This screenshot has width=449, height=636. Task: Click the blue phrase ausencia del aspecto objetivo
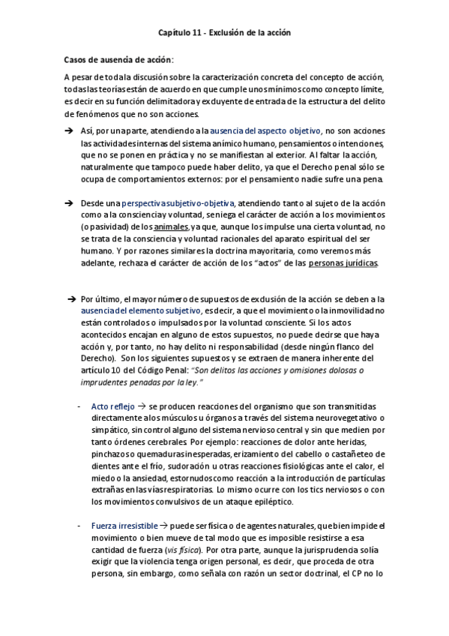pyautogui.click(x=256, y=130)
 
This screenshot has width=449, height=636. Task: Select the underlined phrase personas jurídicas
pyautogui.click(x=343, y=262)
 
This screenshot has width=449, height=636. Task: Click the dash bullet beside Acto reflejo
pyautogui.click(x=80, y=406)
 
